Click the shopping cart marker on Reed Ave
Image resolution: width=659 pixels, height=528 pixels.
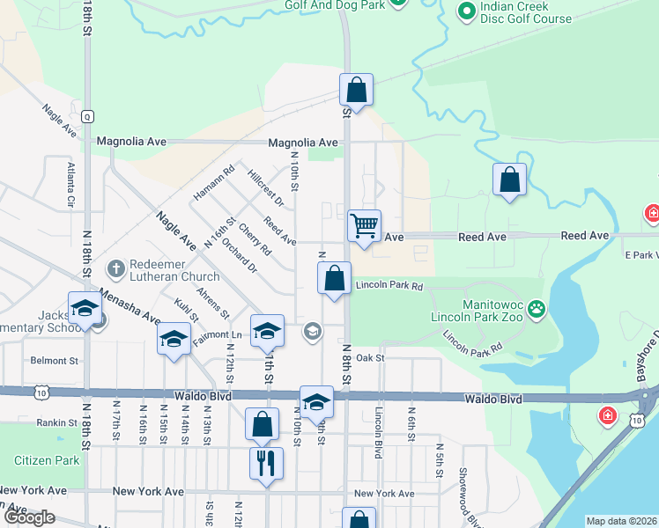point(364,226)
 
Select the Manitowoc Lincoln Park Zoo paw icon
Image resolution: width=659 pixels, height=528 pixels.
point(536,309)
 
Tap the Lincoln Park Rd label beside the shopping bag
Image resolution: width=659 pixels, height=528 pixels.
point(389,286)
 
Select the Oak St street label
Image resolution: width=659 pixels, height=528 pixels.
point(371,358)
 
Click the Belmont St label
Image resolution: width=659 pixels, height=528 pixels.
point(55,361)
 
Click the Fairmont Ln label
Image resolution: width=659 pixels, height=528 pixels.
point(217,335)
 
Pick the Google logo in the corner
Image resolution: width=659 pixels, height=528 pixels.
point(29,517)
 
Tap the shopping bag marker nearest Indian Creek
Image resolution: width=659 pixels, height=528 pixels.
point(509,180)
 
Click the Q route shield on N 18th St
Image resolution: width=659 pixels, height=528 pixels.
point(86,116)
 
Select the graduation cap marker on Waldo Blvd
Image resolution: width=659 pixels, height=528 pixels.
point(316,402)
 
